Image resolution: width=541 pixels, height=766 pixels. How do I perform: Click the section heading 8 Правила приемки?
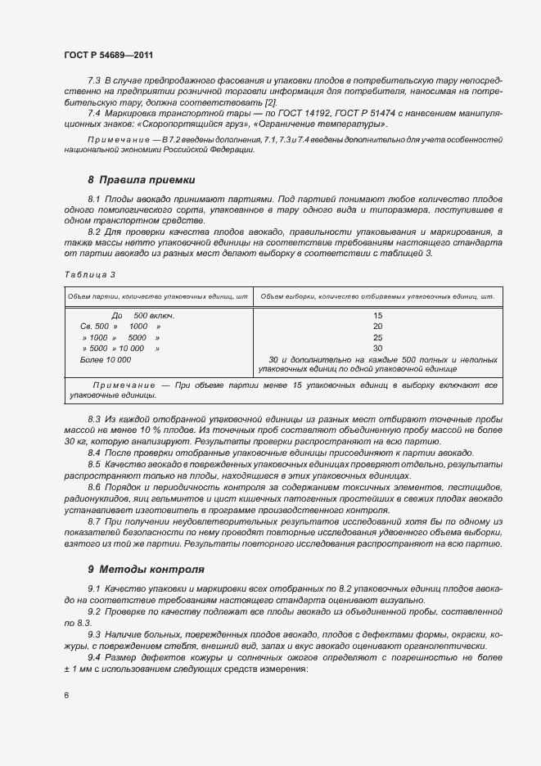(141, 179)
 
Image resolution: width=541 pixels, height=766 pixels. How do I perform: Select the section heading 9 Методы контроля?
(146, 568)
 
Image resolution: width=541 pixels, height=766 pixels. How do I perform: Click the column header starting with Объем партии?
(157, 295)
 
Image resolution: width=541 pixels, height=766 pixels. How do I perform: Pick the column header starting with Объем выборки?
(378, 295)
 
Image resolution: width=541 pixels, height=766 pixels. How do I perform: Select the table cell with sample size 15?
(377, 316)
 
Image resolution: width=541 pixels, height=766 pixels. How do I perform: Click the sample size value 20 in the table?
(377, 327)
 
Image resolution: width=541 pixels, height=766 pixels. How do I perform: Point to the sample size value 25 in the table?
(377, 337)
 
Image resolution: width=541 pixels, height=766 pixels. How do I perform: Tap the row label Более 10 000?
(105, 359)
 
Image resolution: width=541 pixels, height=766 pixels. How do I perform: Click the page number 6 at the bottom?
(66, 696)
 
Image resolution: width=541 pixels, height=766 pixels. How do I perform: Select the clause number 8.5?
(94, 463)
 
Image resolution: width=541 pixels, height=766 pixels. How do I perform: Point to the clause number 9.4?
(94, 658)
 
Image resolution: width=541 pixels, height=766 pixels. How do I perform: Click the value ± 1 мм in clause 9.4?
(79, 669)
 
